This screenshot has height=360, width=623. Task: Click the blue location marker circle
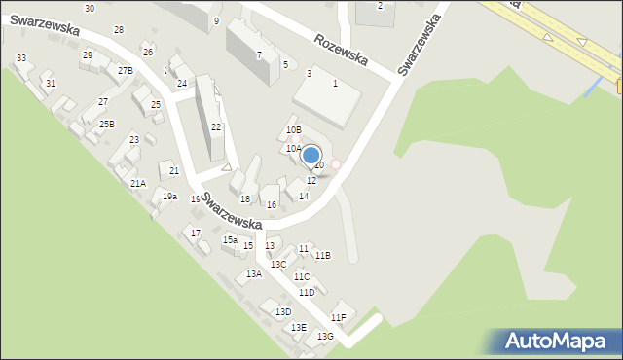[x=311, y=155]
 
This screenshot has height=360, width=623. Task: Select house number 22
[x=216, y=127]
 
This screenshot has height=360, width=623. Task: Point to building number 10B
[x=293, y=129]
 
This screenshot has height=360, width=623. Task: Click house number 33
[x=21, y=58]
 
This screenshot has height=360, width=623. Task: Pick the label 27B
[x=126, y=71]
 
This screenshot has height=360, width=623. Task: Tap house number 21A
[x=137, y=183]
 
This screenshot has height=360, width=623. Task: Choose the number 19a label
[x=169, y=197]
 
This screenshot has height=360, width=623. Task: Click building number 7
[x=259, y=54]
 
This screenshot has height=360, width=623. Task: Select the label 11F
[x=338, y=318]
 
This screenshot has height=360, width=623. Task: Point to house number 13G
[x=325, y=336]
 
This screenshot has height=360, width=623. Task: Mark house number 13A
[x=253, y=274]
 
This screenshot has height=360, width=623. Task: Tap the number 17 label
[x=196, y=233]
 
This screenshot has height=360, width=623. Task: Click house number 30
[x=90, y=8]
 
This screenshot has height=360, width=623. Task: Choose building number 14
[x=304, y=197]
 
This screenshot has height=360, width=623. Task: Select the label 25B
[x=106, y=124]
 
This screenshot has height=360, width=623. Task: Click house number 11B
[x=322, y=255]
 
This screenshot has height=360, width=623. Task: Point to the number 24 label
[x=181, y=84]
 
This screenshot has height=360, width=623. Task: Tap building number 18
[x=245, y=199]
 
